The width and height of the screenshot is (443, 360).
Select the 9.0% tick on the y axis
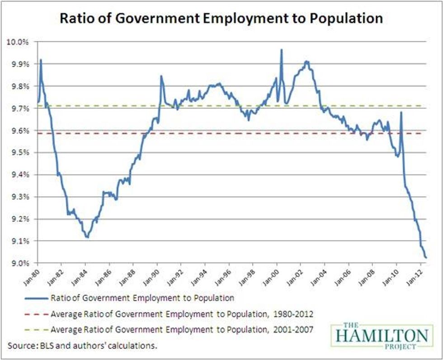point(19,263)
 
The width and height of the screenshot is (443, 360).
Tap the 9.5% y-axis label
point(19,152)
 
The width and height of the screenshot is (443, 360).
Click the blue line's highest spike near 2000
point(281,50)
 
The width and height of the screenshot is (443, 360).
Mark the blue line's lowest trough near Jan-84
point(87,237)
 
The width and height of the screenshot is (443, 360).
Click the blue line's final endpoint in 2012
point(426,258)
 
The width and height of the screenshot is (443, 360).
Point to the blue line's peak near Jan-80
point(41,60)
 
